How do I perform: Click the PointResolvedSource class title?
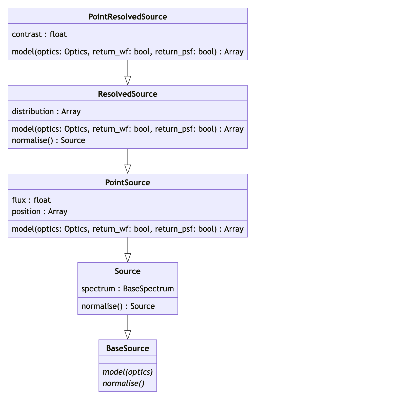pyautogui.click(x=128, y=17)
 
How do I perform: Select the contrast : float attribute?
pyautogui.click(x=39, y=34)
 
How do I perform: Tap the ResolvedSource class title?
pyautogui.click(x=128, y=94)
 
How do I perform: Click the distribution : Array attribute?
pyautogui.click(x=46, y=111)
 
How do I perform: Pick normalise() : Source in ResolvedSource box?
pyautogui.click(x=48, y=140)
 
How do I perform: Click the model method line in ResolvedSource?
pyautogui.click(x=128, y=129)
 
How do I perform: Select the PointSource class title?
pyautogui.click(x=128, y=183)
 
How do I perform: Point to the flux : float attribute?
pyautogui.click(x=31, y=200)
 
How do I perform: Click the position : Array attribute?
pyautogui.click(x=39, y=211)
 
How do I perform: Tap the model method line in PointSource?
pyautogui.click(x=128, y=229)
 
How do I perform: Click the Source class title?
pyautogui.click(x=128, y=271)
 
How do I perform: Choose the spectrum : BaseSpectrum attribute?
pyautogui.click(x=128, y=289)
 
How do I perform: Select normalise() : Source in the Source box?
pyautogui.click(x=118, y=306)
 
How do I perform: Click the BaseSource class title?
pyautogui.click(x=128, y=348)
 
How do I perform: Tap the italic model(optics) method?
pyautogui.click(x=128, y=372)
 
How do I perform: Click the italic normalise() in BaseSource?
pyautogui.click(x=124, y=383)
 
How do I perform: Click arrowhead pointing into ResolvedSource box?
pyautogui.click(x=128, y=81)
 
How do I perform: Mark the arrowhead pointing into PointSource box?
pyautogui.click(x=128, y=169)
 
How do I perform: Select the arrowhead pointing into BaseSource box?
pyautogui.click(x=128, y=335)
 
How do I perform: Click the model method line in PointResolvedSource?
pyautogui.click(x=128, y=52)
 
